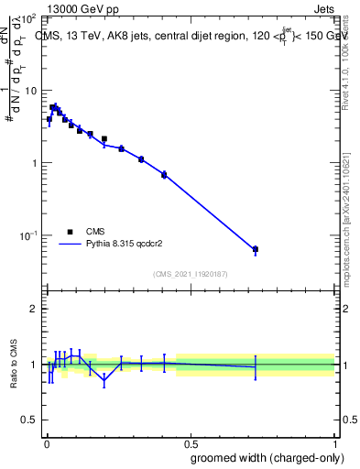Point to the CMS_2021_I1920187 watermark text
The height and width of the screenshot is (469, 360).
(x=191, y=274)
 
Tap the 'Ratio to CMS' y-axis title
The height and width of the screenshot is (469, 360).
(x=13, y=364)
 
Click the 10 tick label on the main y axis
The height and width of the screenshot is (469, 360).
(x=32, y=92)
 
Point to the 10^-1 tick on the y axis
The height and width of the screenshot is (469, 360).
(x=30, y=235)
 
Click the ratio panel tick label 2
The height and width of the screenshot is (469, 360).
(x=34, y=309)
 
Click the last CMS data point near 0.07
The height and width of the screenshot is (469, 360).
(x=256, y=249)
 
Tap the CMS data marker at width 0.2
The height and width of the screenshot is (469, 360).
(x=104, y=139)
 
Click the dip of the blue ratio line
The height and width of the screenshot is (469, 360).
(x=104, y=378)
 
